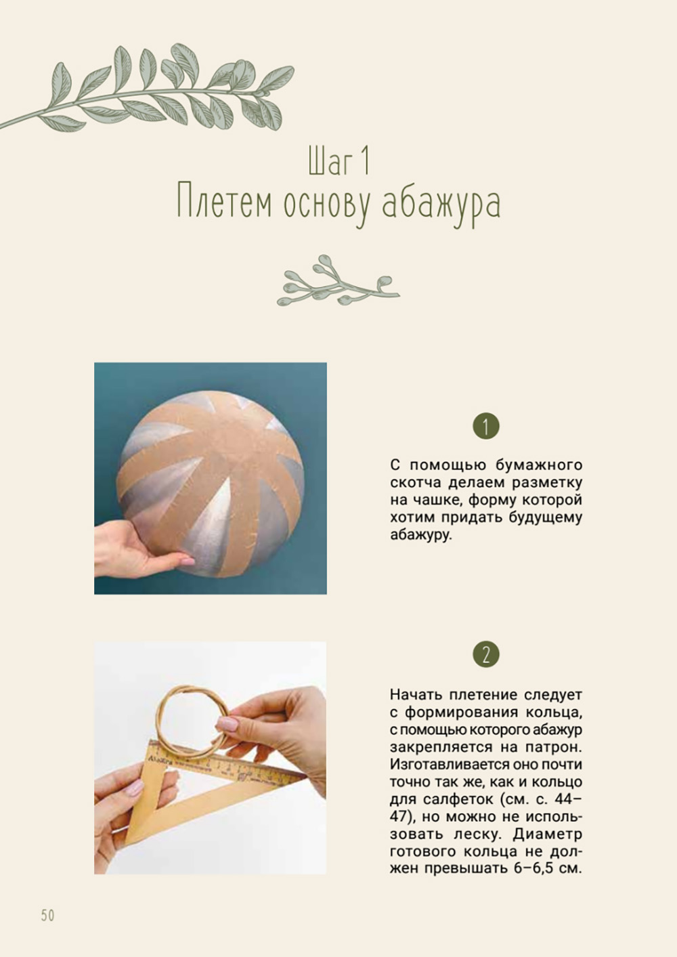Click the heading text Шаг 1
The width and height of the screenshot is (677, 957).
(338, 161)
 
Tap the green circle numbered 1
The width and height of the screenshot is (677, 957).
(486, 426)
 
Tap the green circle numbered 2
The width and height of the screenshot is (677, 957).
(486, 654)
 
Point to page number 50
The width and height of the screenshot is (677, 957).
(48, 915)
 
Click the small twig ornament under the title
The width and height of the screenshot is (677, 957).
(338, 280)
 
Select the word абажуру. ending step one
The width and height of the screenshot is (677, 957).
(420, 535)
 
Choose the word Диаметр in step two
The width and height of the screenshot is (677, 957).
(548, 834)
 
